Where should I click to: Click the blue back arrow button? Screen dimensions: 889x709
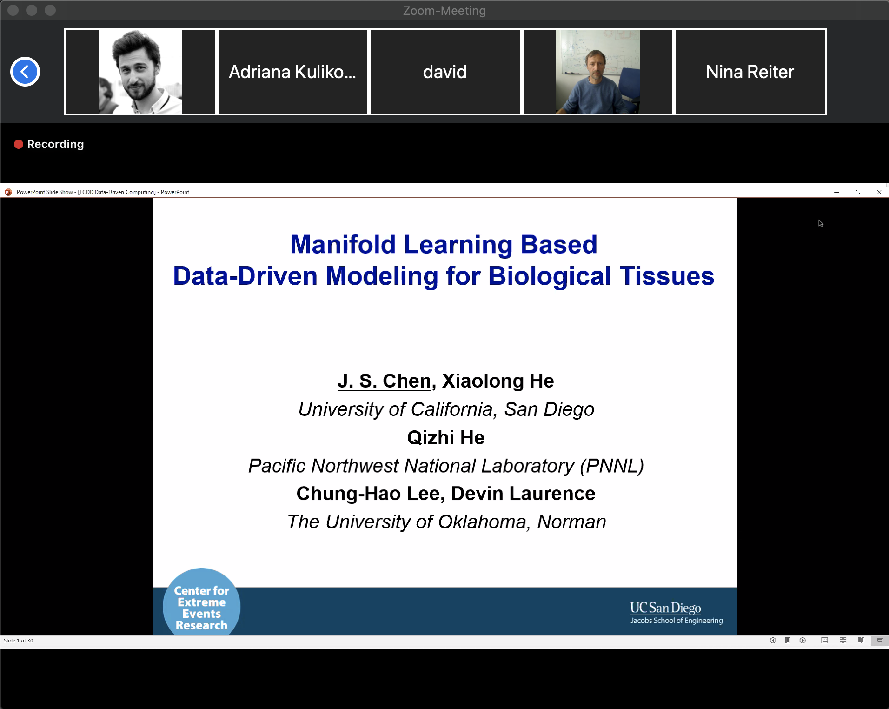pyautogui.click(x=25, y=72)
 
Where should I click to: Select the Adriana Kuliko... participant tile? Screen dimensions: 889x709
pyautogui.click(x=293, y=72)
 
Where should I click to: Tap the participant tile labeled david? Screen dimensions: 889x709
pyautogui.click(x=445, y=72)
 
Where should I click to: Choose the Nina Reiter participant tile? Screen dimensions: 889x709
pyautogui.click(x=750, y=72)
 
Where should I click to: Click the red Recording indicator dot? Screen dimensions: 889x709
pyautogui.click(x=19, y=144)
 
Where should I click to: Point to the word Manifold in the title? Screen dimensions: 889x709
pyautogui.click(x=343, y=244)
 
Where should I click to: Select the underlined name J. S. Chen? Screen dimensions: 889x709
pyautogui.click(x=385, y=381)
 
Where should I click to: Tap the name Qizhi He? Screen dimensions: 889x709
pyautogui.click(x=446, y=438)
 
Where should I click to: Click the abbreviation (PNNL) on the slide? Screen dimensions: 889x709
pyautogui.click(x=612, y=466)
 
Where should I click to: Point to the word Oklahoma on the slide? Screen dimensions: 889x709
pyautogui.click(x=482, y=522)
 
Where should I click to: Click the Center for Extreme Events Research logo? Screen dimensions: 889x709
pyautogui.click(x=201, y=602)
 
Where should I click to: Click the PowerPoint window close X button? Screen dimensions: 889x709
pyautogui.click(x=879, y=192)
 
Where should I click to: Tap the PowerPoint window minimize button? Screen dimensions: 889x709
pyautogui.click(x=836, y=192)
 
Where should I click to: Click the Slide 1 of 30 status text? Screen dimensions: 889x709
pyautogui.click(x=19, y=641)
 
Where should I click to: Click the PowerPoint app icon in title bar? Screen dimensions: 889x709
pyautogui.click(x=8, y=192)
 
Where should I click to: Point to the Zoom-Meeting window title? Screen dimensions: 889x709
pyautogui.click(x=444, y=11)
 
